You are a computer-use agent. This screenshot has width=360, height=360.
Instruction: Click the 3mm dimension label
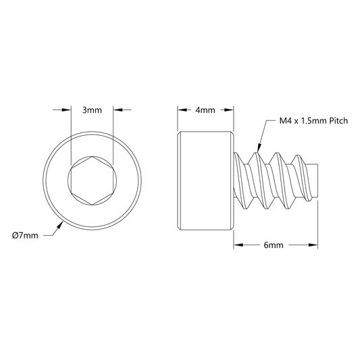[92, 110]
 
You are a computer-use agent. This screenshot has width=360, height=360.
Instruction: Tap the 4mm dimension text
[205, 110]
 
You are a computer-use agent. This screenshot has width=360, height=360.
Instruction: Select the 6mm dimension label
[274, 245]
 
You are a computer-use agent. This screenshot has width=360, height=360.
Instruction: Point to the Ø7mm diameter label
[25, 236]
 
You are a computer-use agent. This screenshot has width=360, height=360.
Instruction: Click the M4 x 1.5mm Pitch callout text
[313, 121]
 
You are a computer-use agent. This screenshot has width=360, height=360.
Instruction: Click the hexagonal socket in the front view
[92, 181]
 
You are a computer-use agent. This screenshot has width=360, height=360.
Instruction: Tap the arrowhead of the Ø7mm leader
[59, 225]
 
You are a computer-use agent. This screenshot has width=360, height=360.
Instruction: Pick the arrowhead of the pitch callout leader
[259, 148]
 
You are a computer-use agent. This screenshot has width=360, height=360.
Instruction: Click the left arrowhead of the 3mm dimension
[66, 110]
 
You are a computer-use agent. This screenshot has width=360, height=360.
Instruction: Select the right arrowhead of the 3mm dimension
[118, 110]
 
